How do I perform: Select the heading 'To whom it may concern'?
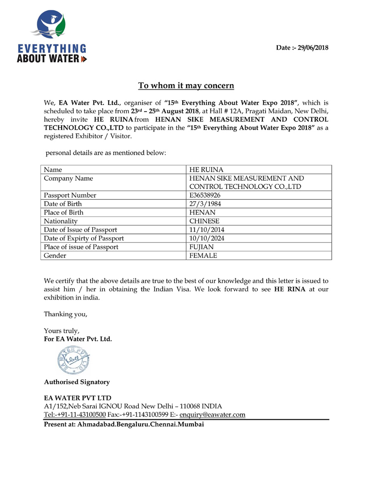[x=186, y=86]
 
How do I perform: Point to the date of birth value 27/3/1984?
[x=203, y=204]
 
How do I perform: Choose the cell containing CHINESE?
[x=204, y=221]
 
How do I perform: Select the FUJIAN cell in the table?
[x=201, y=247]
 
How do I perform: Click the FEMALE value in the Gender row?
[x=203, y=256]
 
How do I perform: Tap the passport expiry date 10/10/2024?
[x=207, y=238]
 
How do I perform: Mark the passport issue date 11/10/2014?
[x=207, y=230]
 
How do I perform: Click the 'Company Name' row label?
[x=68, y=178]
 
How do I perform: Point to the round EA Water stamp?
[x=73, y=359]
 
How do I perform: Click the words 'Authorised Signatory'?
[x=77, y=382]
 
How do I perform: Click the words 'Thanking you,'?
[x=66, y=314]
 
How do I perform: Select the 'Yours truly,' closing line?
[x=62, y=331]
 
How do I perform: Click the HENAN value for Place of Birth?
[x=202, y=213]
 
